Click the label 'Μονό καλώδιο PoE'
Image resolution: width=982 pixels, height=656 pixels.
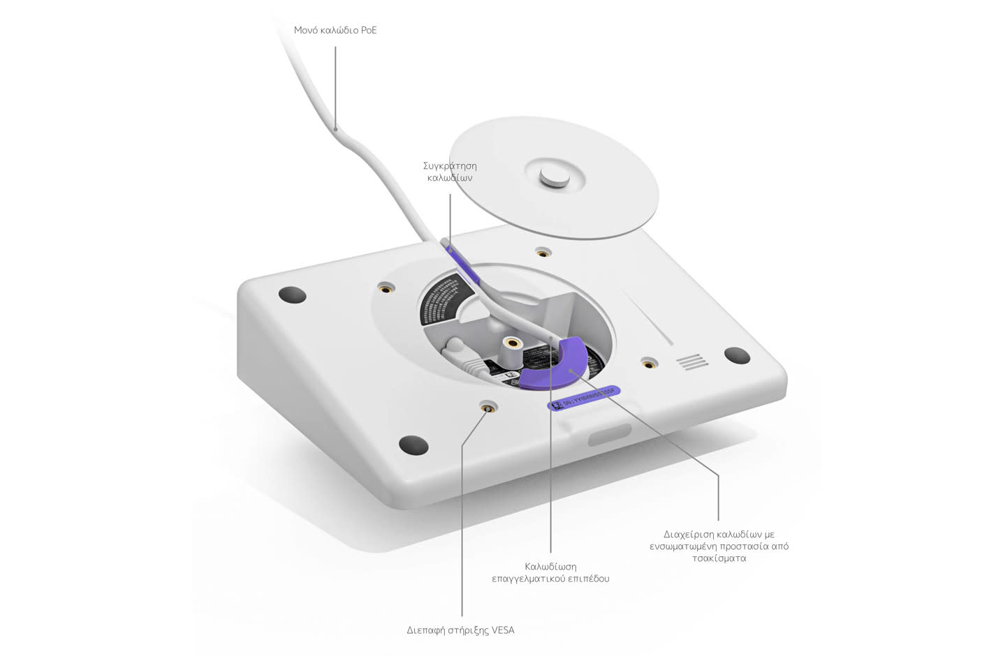335,30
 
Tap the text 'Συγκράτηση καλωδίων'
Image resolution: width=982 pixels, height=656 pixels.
450,172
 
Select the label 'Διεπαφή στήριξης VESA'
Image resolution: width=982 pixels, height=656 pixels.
460,629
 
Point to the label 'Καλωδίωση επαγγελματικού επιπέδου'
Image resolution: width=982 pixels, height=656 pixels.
550,572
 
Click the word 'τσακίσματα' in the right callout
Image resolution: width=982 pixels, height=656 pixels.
719,558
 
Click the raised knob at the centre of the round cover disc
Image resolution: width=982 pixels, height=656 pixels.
554,177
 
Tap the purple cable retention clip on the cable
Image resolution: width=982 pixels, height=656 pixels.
462,265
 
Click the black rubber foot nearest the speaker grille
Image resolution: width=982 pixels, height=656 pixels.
736,355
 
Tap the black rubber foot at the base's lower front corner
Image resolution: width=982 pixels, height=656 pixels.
413,445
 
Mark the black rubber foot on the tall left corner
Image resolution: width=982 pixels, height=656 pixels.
292,295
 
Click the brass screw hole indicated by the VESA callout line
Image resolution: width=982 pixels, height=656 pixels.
487,408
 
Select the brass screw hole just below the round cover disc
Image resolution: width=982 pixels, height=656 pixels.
541,251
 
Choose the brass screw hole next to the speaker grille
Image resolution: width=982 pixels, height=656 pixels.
649,363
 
